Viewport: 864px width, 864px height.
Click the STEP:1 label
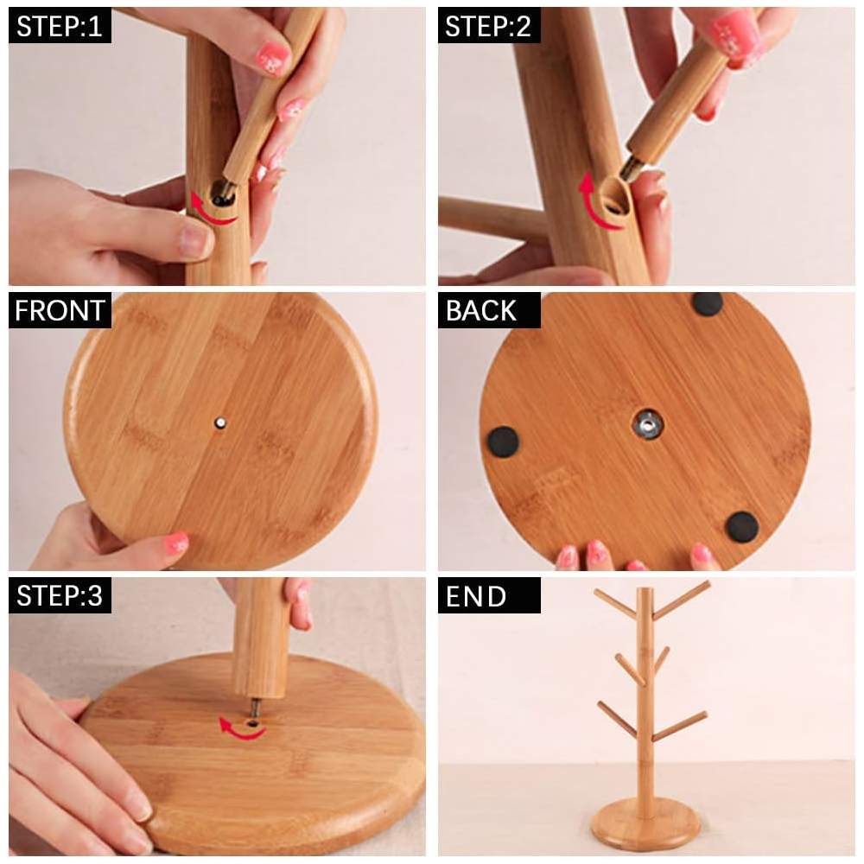(60, 26)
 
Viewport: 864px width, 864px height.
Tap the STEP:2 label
(488, 26)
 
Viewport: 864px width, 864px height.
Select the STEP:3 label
(60, 595)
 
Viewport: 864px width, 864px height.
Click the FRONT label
(60, 310)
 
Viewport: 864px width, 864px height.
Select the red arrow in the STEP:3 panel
(238, 729)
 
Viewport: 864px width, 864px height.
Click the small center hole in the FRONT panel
(220, 423)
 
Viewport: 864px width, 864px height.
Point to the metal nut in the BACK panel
(647, 425)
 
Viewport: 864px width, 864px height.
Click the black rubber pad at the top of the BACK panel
(707, 303)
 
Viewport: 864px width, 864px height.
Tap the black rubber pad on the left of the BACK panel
(503, 442)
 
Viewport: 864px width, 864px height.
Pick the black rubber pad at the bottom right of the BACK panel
(741, 527)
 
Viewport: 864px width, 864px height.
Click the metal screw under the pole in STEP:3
(255, 708)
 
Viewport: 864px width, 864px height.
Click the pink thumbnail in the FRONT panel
(176, 543)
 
